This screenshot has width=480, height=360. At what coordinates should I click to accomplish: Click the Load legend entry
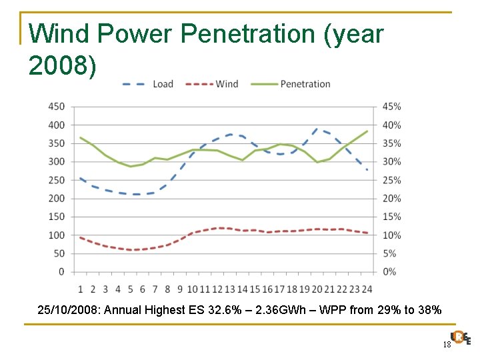(x=148, y=84)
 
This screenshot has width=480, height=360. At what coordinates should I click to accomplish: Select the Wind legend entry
(x=213, y=84)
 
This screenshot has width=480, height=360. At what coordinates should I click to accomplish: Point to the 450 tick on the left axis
(x=57, y=107)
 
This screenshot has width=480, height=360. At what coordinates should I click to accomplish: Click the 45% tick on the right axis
(x=391, y=107)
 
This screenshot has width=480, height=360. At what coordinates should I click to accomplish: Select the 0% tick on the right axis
(x=389, y=272)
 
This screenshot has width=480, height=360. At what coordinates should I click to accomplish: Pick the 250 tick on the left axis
(x=57, y=180)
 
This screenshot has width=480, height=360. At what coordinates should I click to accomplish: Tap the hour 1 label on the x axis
(x=81, y=289)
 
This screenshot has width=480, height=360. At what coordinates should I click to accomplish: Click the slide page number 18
(x=447, y=344)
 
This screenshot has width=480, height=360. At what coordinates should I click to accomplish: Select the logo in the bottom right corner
(x=460, y=338)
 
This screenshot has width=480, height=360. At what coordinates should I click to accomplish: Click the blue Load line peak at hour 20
(x=317, y=129)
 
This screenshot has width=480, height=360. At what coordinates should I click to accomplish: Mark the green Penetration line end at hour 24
(x=367, y=131)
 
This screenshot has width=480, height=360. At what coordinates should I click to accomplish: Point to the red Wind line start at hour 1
(x=81, y=237)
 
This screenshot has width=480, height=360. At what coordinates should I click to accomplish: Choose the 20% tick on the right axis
(x=391, y=199)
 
